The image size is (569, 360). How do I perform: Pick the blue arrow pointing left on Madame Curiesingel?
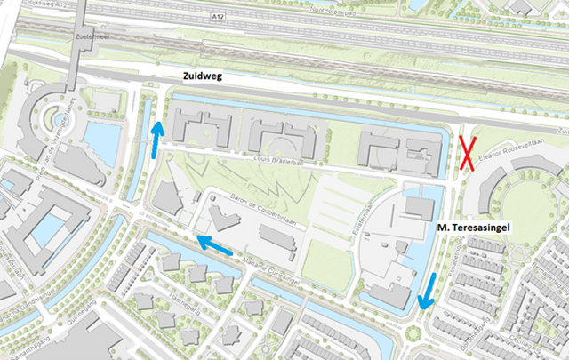214,242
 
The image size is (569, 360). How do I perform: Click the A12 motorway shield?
219,16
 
